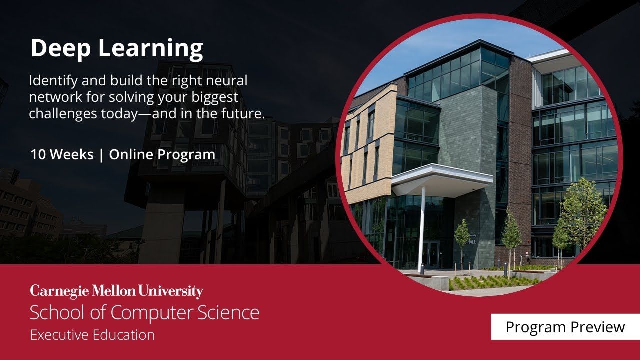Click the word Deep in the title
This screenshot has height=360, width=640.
click(x=61, y=49)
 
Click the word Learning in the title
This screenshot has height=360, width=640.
click(x=151, y=49)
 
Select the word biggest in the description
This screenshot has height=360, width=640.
click(x=215, y=97)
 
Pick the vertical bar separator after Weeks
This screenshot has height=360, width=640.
click(x=101, y=155)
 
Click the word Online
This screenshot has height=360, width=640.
click(x=131, y=154)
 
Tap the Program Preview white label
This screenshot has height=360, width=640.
click(x=565, y=327)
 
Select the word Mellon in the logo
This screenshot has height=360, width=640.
click(x=113, y=291)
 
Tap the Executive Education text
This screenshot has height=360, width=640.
click(x=92, y=335)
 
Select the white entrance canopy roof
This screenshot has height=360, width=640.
click(x=442, y=178)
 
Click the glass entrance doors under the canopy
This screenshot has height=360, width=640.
click(x=431, y=254)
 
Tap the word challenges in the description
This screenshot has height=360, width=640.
click(x=63, y=114)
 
